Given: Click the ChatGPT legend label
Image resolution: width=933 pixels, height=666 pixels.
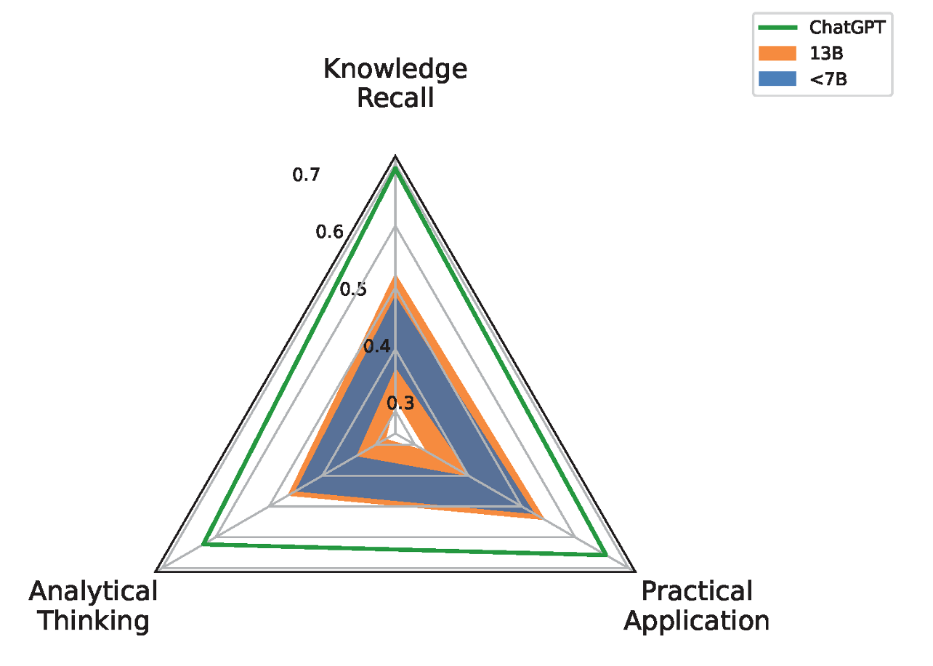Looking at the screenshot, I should tap(847, 28).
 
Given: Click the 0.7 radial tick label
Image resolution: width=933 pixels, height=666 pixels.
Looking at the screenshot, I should tap(306, 174).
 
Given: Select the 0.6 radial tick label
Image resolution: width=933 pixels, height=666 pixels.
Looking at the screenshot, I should tap(329, 232).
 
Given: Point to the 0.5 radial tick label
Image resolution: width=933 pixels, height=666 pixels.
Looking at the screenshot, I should tap(353, 289).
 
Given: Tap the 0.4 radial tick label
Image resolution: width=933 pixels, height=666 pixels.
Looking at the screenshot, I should tap(377, 346).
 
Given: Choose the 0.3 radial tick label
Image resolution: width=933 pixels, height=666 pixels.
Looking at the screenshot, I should tap(400, 404).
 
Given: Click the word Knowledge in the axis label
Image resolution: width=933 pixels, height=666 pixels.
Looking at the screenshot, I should tap(395, 70).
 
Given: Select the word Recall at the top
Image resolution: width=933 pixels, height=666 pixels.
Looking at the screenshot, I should tap(395, 98).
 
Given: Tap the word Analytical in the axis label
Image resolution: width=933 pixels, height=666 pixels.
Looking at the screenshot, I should tap(93, 591).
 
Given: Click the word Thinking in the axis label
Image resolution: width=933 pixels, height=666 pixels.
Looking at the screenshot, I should tap(94, 622).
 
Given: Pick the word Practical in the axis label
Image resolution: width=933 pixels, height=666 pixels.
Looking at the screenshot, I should tap(697, 591).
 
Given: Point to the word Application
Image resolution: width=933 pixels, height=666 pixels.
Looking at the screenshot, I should tap(697, 622).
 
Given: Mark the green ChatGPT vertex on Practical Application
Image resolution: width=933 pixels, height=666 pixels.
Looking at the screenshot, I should tap(606, 555).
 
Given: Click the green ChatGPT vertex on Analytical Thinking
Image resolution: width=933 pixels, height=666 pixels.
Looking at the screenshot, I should tap(203, 544).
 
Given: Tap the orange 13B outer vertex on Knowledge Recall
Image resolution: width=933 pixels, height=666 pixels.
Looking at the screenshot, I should tap(395, 276).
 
